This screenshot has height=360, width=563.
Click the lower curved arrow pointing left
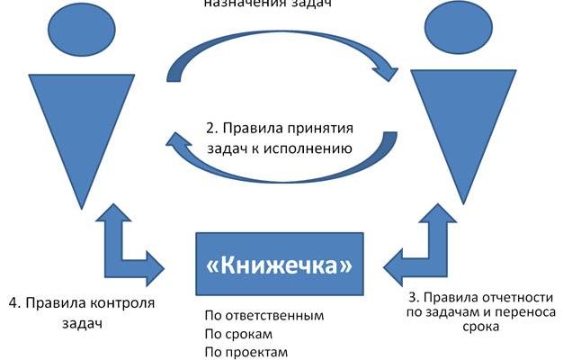pos(279,162)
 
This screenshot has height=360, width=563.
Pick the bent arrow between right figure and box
pos(423,243)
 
